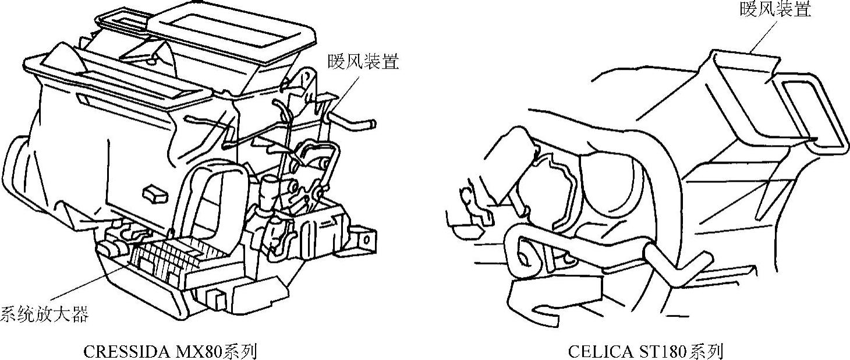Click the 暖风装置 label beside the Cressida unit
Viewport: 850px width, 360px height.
pyautogui.click(x=363, y=62)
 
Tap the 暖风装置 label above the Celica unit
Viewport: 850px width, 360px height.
pyautogui.click(x=775, y=8)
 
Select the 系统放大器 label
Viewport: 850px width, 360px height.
pyautogui.click(x=44, y=314)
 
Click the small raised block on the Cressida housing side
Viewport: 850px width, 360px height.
pyautogui.click(x=155, y=194)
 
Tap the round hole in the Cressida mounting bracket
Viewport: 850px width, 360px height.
pyautogui.click(x=367, y=239)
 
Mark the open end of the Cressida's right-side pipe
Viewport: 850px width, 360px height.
pyautogui.click(x=373, y=124)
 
